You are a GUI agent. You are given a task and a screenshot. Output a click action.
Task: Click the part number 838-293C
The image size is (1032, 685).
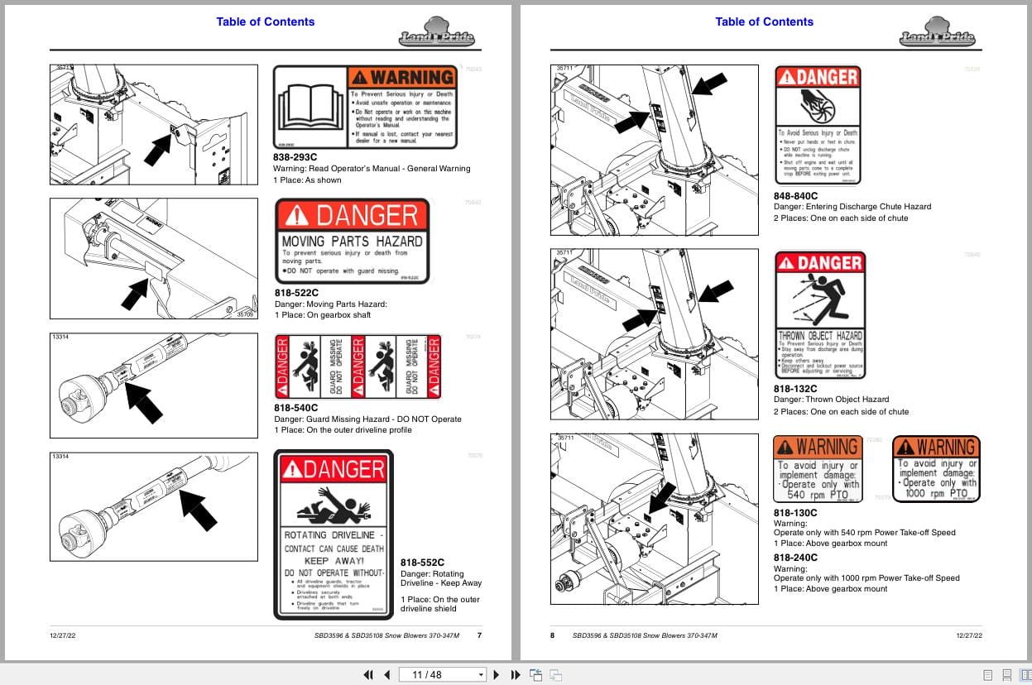(295, 157)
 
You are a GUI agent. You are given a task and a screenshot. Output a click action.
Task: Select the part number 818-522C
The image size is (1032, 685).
(296, 293)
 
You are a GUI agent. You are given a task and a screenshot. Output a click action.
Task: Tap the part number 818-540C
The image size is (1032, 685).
(296, 408)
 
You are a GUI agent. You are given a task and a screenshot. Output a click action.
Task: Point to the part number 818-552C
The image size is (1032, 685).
(422, 563)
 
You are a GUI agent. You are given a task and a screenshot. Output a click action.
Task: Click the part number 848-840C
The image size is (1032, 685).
(795, 196)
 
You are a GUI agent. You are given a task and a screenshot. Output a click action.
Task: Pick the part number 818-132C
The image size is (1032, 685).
(794, 389)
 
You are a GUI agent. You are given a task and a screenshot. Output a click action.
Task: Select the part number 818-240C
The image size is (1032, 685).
(794, 558)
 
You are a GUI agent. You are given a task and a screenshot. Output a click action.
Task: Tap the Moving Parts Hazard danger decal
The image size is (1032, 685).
(353, 241)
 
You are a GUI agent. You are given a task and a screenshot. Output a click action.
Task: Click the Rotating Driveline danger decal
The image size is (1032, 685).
(334, 535)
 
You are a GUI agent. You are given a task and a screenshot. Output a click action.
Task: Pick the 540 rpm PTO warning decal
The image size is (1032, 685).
(818, 468)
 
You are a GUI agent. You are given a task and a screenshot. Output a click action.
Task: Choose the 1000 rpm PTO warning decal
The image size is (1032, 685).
(936, 468)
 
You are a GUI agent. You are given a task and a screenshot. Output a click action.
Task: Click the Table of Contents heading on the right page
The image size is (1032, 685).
(764, 22)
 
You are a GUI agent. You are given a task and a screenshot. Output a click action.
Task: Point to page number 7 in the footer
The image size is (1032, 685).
(479, 635)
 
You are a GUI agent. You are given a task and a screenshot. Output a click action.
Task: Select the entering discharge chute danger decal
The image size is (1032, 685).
(818, 125)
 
